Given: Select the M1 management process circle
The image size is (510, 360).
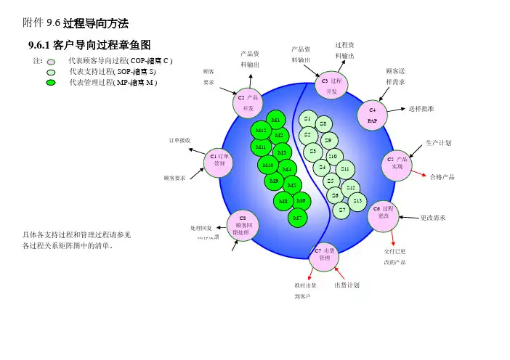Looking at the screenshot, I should point(275,120).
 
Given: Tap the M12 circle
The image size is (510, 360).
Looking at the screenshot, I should point(263,131).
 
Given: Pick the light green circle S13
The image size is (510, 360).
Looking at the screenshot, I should point(357,200).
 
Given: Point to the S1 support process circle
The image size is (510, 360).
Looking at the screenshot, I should point(308,119).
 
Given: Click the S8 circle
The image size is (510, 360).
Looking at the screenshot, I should point(323,124).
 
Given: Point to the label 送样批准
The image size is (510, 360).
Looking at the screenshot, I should point(421,108).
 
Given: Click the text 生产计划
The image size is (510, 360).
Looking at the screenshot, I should point(438,143).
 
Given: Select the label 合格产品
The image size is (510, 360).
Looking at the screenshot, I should point(442,176).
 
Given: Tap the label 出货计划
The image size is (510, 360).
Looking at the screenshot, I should point(347,285).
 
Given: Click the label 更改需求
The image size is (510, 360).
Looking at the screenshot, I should point(433,217).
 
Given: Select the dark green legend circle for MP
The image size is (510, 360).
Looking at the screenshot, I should point(51,83).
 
